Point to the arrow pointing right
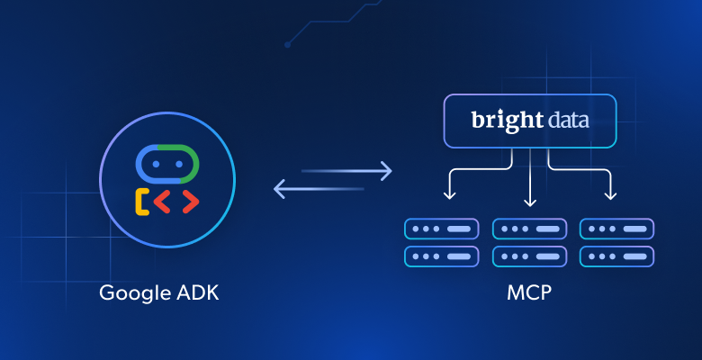click(347, 169)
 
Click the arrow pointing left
click(319, 189)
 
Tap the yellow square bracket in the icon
click(142, 202)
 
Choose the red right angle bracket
click(188, 202)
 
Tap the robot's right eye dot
click(179, 166)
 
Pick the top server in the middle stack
click(530, 229)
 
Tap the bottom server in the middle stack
click(530, 256)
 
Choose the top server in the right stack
click(617, 229)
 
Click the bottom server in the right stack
click(617, 256)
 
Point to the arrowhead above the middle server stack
click(530, 200)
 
